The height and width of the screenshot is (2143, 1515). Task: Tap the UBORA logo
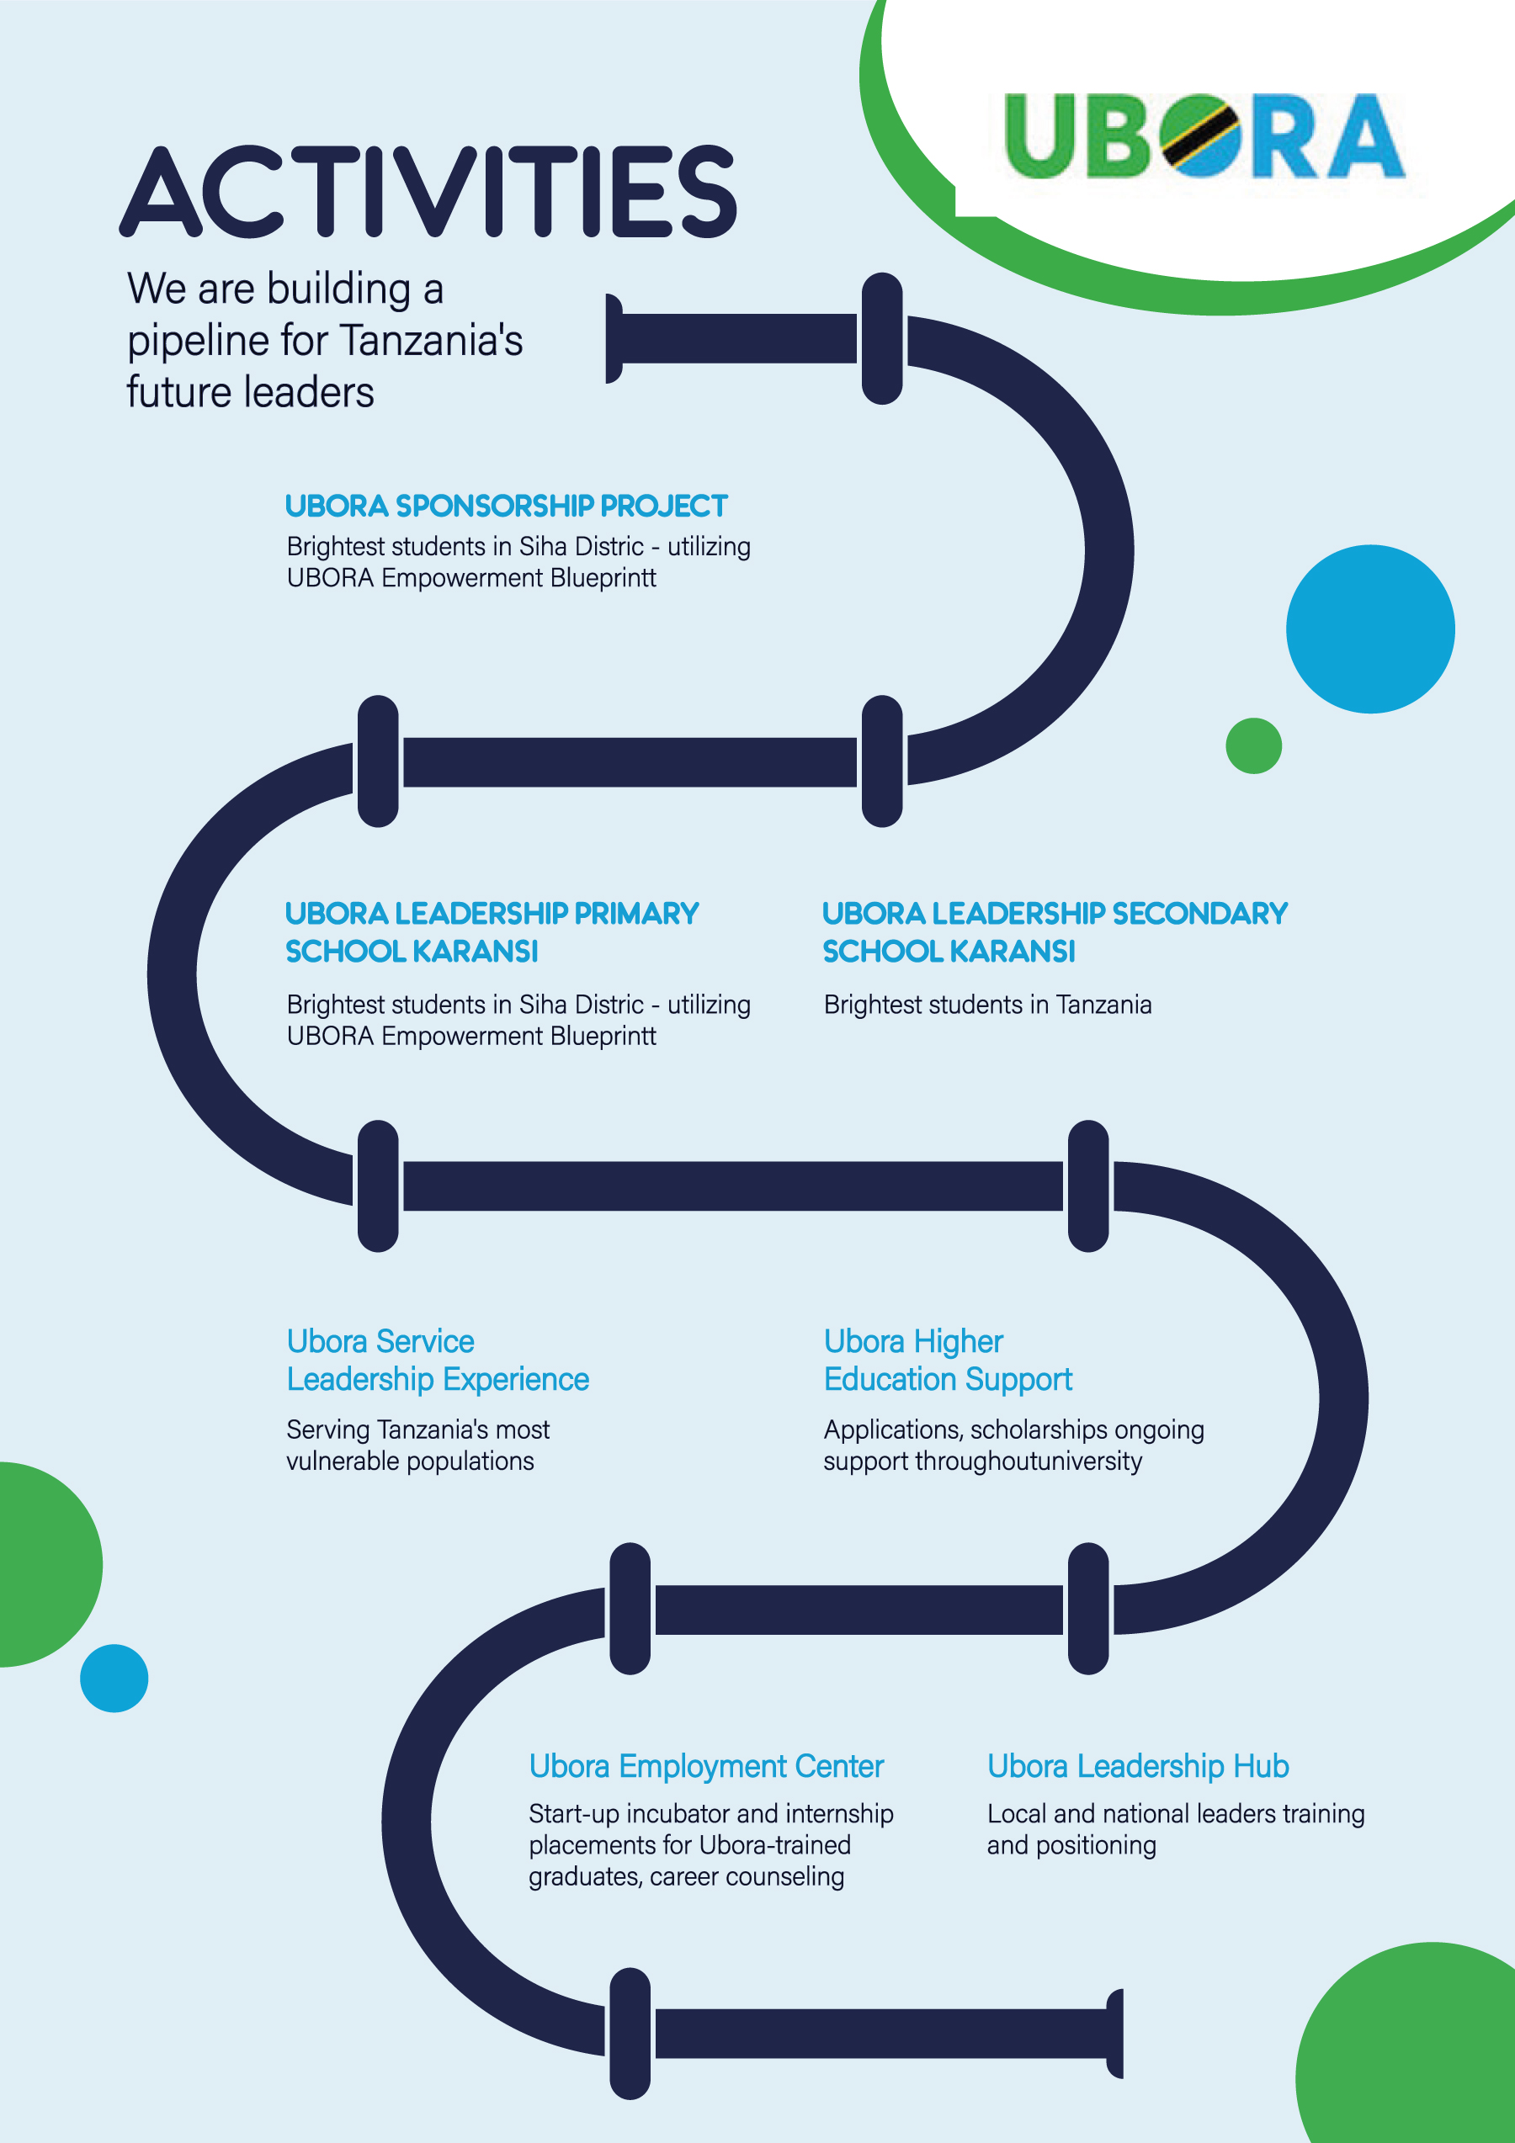click(1204, 136)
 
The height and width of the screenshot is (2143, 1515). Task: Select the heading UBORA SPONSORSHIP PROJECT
click(506, 506)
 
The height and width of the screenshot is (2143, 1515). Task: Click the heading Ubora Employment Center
click(705, 1767)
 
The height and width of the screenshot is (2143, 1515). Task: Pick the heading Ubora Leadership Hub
click(1138, 1767)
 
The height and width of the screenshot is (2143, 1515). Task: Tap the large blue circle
click(1369, 629)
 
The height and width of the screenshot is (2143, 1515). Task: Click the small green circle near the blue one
click(1252, 745)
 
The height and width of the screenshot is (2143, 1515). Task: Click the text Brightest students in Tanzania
click(987, 1005)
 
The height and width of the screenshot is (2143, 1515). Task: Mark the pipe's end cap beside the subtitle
click(614, 338)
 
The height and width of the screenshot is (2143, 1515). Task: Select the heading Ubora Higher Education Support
click(948, 1361)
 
